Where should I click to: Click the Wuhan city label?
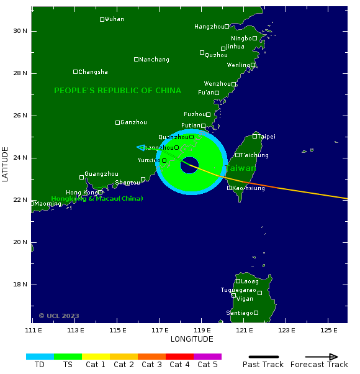point(114,19)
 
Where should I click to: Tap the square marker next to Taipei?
point(255,136)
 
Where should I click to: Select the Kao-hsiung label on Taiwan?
point(248,188)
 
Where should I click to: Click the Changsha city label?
point(93,72)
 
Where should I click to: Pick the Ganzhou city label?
point(133,122)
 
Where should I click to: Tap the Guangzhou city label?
point(101,173)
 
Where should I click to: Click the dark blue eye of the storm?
point(190,165)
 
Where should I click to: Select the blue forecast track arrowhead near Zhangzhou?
point(141,147)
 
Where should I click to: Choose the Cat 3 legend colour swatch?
point(151,357)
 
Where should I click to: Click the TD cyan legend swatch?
point(40,357)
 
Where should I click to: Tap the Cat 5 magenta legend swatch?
point(207,357)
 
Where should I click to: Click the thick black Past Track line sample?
point(263,357)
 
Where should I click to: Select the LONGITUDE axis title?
point(192,339)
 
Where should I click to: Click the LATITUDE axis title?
point(6,164)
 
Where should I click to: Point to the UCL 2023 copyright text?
point(59,316)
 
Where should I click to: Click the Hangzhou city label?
point(209,27)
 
